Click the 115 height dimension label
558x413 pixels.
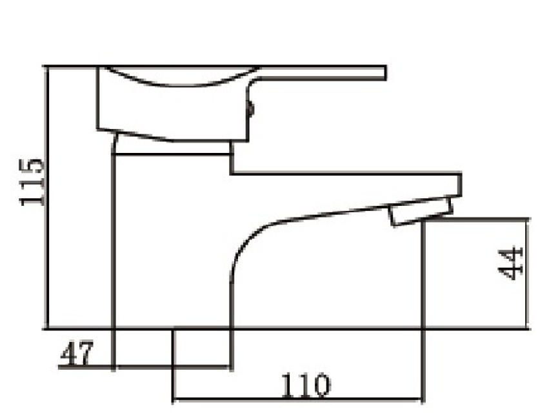pyautogui.click(x=32, y=182)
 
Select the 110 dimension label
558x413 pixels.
pyautogui.click(x=306, y=386)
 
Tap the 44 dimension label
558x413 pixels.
pyautogui.click(x=511, y=263)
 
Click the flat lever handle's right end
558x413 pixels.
pyautogui.click(x=385, y=73)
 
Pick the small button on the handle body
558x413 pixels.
pyautogui.click(x=252, y=108)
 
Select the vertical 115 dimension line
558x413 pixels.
pyautogui.click(x=46, y=197)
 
